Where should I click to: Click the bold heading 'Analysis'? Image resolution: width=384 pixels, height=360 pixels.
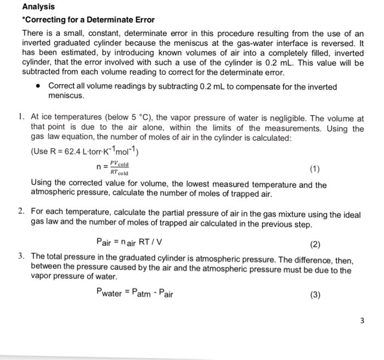pos(38,7)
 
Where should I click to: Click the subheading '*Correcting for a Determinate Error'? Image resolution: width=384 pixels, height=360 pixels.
pos(88,20)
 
